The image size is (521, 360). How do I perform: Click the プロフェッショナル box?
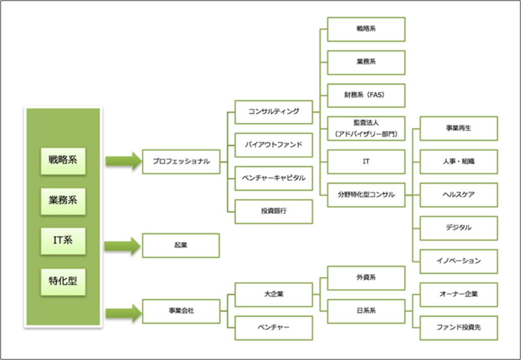[181, 161]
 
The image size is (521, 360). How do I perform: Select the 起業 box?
[181, 245]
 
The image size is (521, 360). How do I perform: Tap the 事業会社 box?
[181, 311]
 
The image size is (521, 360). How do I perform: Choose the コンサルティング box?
[273, 112]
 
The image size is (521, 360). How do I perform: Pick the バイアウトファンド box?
[273, 145]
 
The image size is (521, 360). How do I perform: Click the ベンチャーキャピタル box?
[273, 178]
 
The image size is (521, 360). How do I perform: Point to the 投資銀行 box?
[273, 211]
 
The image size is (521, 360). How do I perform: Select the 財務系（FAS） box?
[366, 95]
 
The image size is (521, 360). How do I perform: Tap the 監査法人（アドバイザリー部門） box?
[366, 129]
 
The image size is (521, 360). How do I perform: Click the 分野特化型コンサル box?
[366, 195]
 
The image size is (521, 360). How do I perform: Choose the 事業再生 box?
[458, 128]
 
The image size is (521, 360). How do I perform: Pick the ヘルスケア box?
[458, 195]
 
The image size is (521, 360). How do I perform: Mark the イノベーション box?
[458, 261]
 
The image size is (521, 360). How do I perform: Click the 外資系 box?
[366, 278]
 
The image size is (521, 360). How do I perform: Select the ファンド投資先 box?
[458, 328]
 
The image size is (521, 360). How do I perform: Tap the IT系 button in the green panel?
[63, 240]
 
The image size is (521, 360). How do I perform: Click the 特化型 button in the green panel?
[63, 280]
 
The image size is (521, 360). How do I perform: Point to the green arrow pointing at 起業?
[123, 246]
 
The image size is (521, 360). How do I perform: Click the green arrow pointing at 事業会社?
[123, 313]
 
